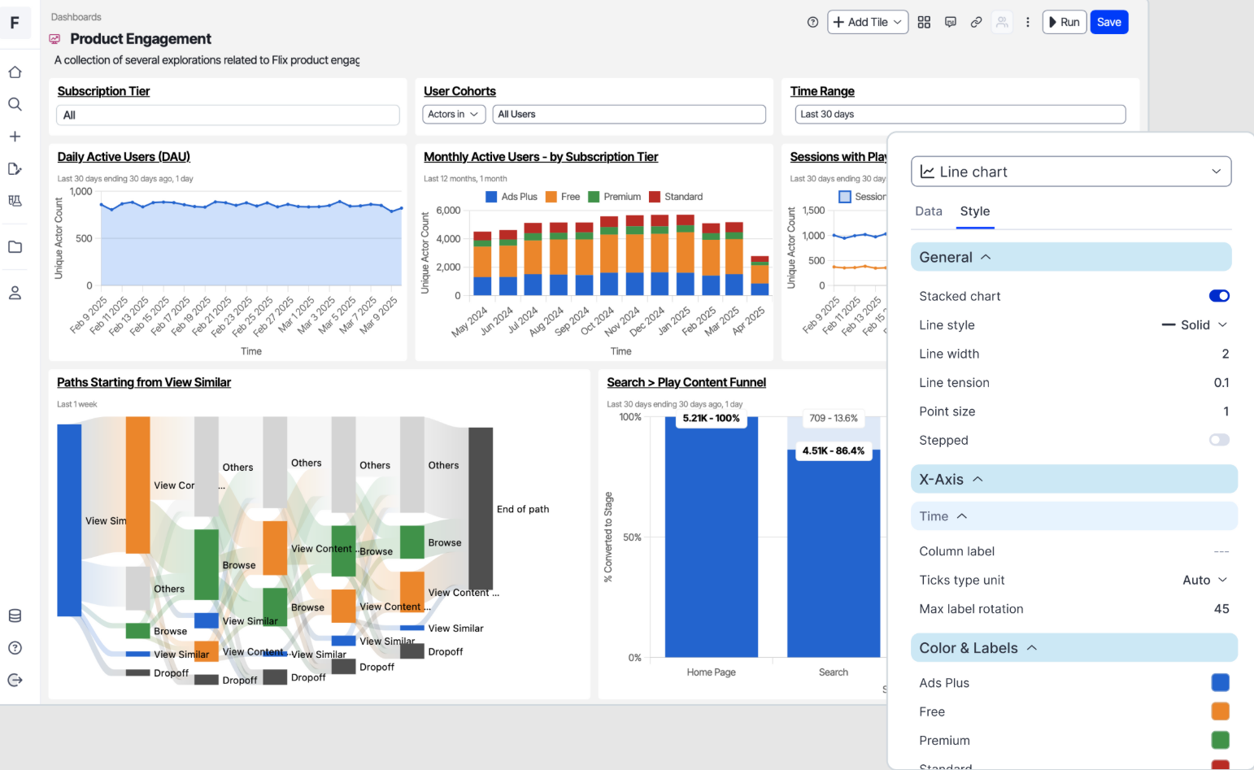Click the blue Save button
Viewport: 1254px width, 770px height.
coord(1108,22)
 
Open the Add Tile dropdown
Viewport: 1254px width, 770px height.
coord(867,22)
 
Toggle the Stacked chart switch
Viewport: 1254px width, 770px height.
coord(1218,296)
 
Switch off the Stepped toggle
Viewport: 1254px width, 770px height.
coord(1218,440)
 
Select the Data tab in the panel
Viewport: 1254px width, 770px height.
coord(928,211)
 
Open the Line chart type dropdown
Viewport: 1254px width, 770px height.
coord(1070,172)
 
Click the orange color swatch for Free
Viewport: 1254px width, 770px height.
coord(1220,711)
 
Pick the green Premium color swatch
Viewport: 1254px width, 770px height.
coord(1220,740)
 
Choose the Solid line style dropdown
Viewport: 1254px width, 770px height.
coord(1194,325)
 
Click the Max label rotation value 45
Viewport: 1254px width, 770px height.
coord(1221,609)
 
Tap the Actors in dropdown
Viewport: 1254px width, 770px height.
coord(454,115)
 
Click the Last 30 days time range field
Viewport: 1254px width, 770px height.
coord(960,115)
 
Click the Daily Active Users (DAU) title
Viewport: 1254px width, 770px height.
coord(124,157)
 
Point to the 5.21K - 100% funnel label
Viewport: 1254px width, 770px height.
coord(711,419)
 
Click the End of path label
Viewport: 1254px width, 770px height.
coord(522,510)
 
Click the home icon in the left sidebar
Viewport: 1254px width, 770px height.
coord(15,72)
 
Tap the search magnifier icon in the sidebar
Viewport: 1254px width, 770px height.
coord(15,104)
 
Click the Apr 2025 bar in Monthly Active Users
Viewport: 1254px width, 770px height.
coord(760,276)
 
